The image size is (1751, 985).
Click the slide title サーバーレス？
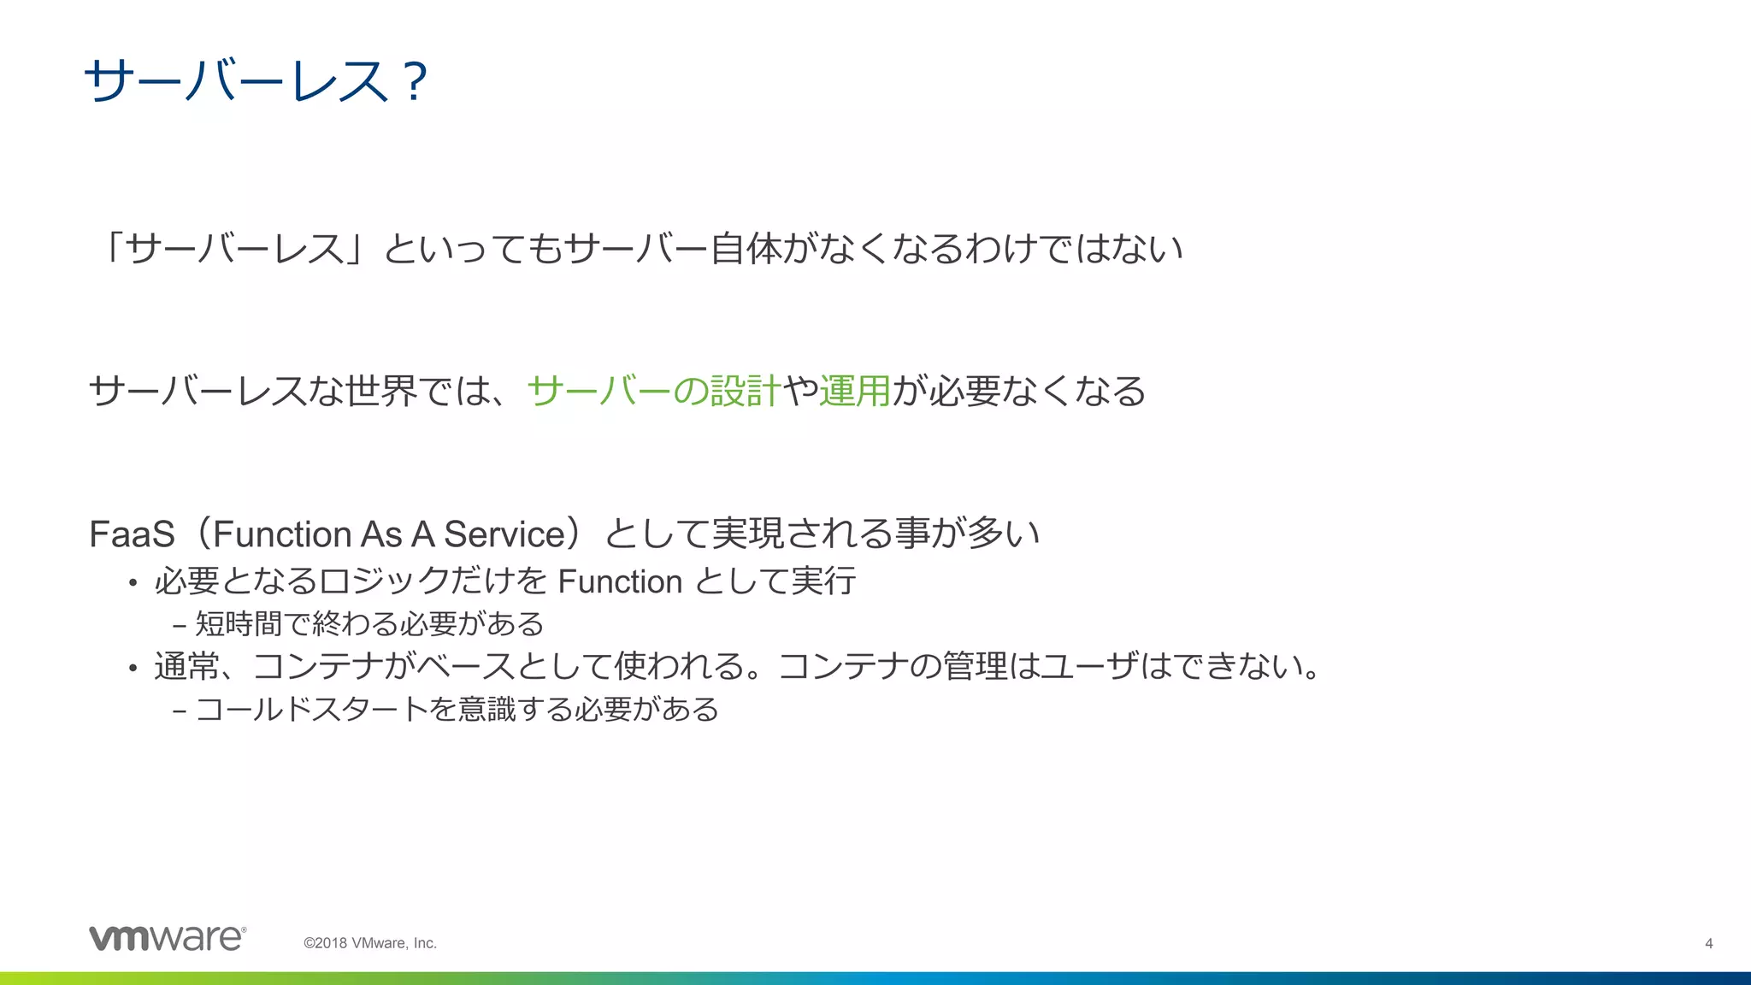[255, 82]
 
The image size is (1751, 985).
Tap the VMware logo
[168, 938]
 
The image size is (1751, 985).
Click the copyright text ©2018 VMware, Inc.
[370, 943]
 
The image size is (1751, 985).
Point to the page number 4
[1708, 944]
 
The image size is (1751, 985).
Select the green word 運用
[855, 392]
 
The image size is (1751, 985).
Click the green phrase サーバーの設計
[653, 392]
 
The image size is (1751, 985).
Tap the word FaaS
[132, 534]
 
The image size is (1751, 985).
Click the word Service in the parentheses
[504, 534]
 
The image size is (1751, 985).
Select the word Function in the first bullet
[620, 582]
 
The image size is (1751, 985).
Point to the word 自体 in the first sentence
[746, 249]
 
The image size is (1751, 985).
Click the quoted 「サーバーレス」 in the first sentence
[235, 249]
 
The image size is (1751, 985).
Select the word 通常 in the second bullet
[186, 666]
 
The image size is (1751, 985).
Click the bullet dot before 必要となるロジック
[133, 584]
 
